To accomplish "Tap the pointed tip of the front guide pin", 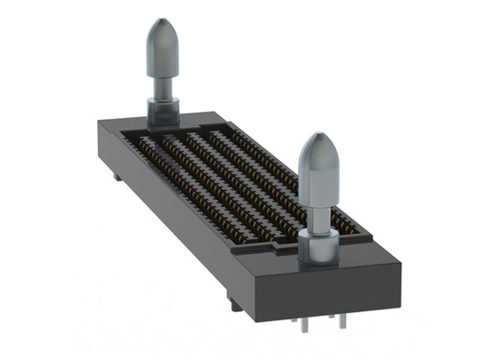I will pos(318,136).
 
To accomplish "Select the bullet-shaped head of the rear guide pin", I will pos(163,49).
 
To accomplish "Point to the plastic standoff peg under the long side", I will pos(236,304).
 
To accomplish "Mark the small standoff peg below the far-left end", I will pos(117,177).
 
